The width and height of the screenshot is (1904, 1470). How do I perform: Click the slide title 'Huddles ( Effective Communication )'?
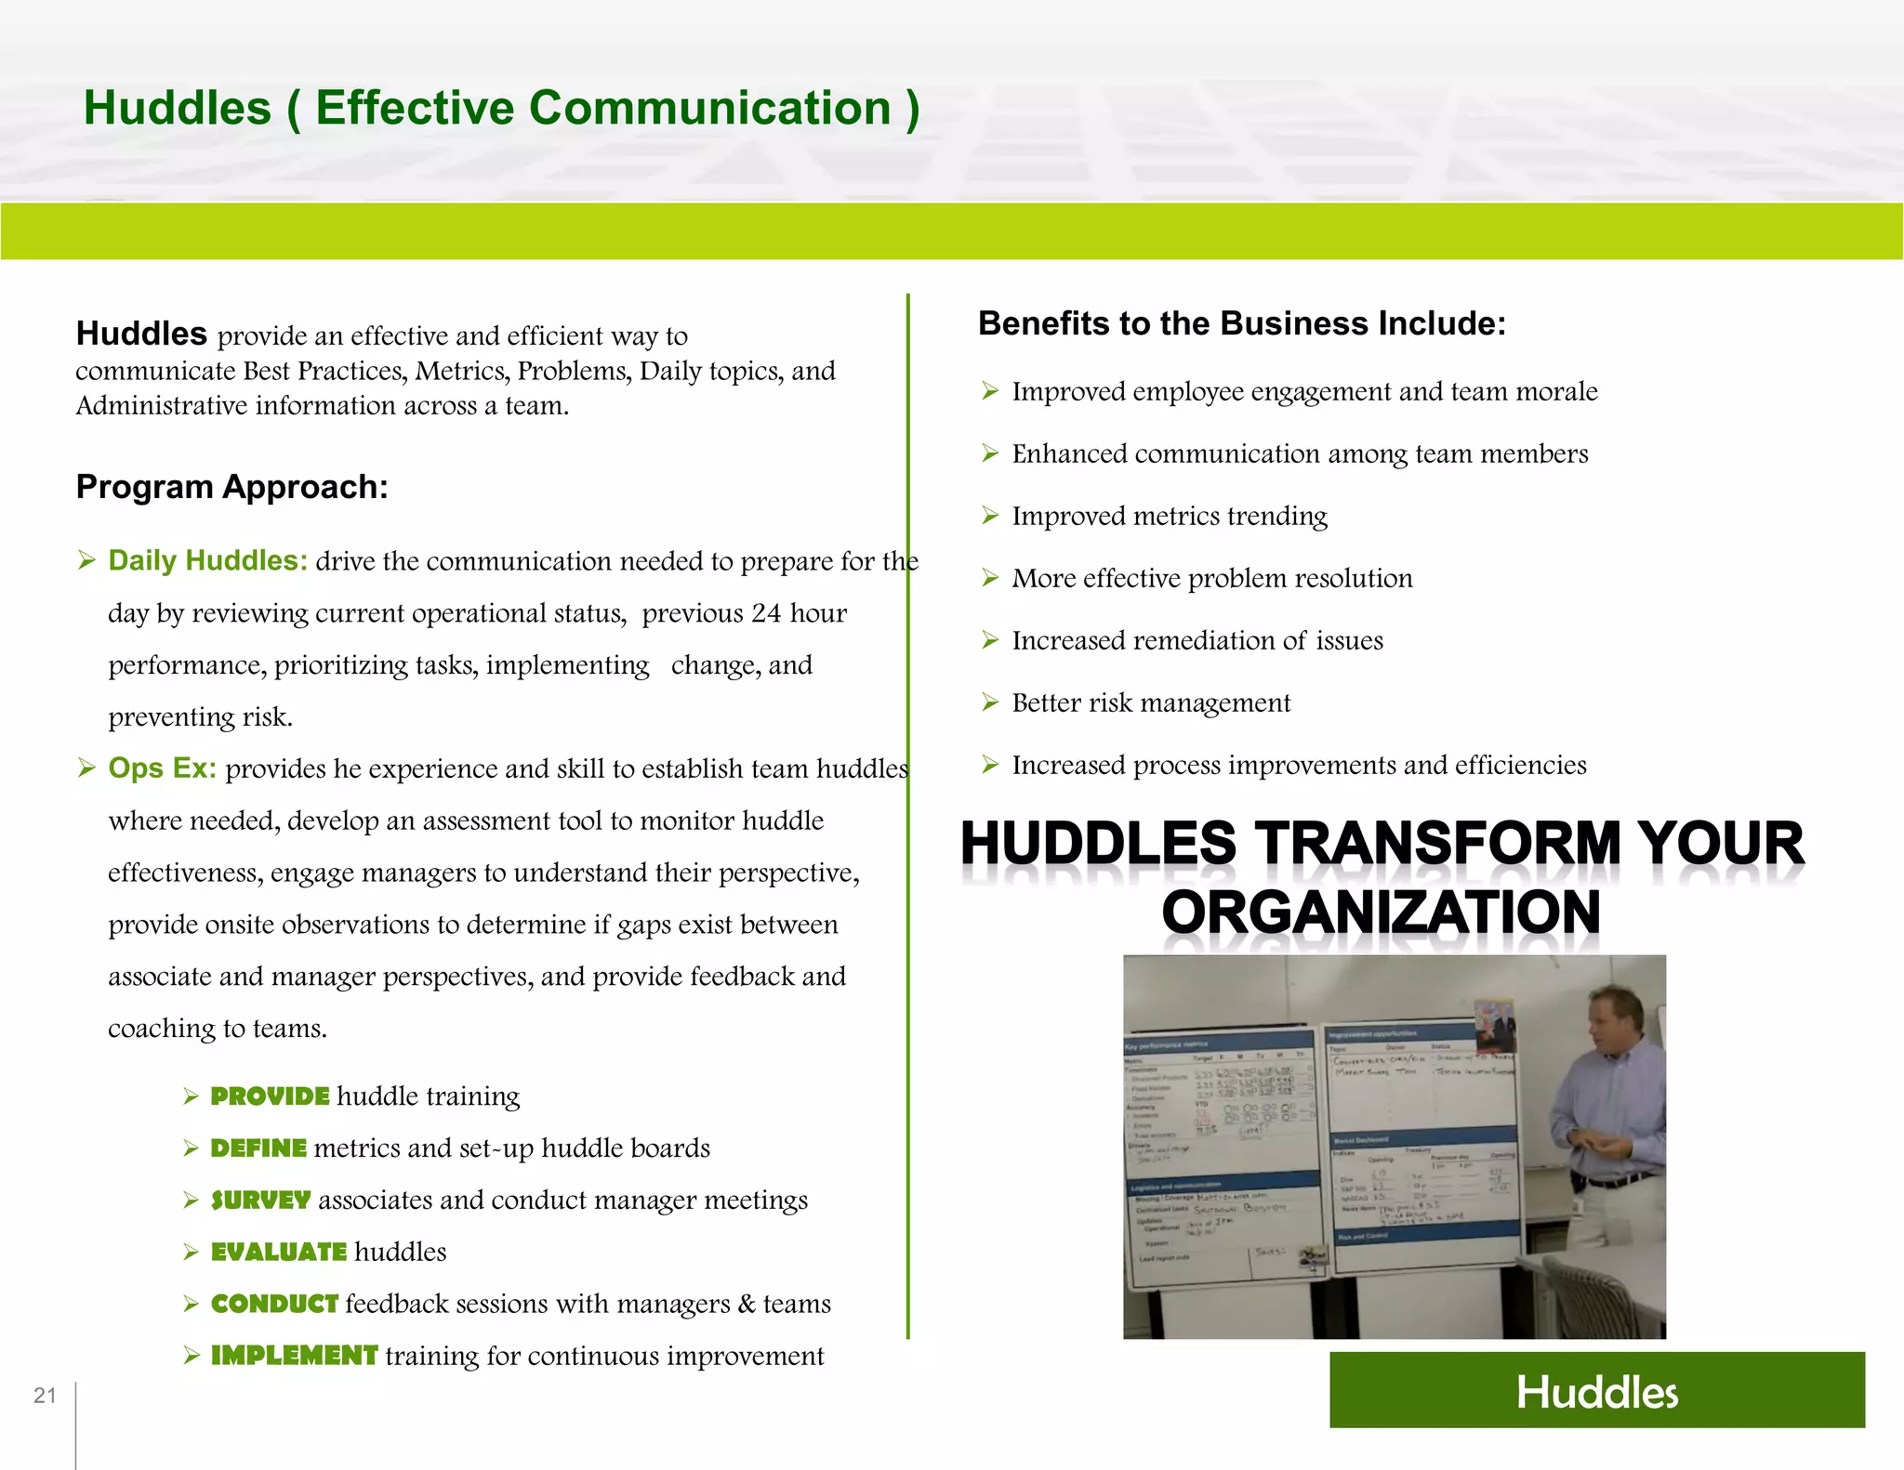[x=501, y=108]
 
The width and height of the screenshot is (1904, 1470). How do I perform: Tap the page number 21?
[x=45, y=1395]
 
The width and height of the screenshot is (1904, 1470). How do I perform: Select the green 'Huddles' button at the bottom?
[x=1596, y=1391]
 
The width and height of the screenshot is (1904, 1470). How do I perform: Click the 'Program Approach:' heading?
[x=231, y=487]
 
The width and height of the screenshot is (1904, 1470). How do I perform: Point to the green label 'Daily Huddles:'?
[x=207, y=560]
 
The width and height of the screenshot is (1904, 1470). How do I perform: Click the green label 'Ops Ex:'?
[x=162, y=768]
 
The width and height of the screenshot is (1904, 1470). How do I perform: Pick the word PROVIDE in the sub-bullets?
[x=270, y=1096]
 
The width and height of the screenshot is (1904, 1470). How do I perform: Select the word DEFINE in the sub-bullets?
[x=258, y=1148]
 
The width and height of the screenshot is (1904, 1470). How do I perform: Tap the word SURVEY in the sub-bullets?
[x=260, y=1201]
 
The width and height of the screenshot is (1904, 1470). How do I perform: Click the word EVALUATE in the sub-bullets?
[x=279, y=1253]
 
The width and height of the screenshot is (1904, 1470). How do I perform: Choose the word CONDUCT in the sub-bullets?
[x=274, y=1305]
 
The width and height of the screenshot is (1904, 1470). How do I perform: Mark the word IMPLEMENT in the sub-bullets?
[x=294, y=1356]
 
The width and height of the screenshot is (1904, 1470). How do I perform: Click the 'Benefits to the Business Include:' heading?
[x=1241, y=323]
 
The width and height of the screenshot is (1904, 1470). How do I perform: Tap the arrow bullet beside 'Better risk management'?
[x=990, y=702]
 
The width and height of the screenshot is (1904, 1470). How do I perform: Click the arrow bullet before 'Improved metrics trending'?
[x=990, y=516]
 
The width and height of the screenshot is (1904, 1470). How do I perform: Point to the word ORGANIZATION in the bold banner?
[x=1381, y=912]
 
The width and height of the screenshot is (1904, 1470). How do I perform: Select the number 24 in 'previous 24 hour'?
[x=766, y=613]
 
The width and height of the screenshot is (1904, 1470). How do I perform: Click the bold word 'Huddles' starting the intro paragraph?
[x=141, y=333]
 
